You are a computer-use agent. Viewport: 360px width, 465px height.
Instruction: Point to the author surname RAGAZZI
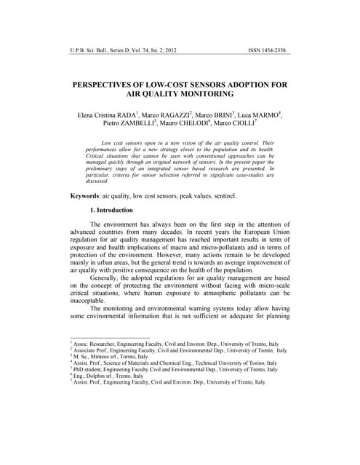pyautogui.click(x=175, y=116)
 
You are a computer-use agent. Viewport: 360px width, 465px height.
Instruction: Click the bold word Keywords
pyautogui.click(x=84, y=196)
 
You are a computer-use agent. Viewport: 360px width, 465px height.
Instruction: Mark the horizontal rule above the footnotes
pyautogui.click(x=109, y=337)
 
